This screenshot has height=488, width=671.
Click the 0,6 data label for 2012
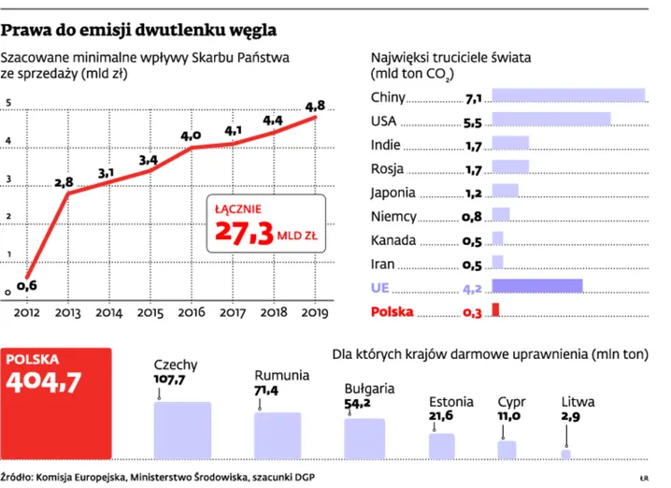(x=27, y=286)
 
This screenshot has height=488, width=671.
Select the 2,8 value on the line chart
(x=64, y=182)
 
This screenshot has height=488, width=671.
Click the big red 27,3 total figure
(x=244, y=233)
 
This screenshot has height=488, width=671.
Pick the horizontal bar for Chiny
(x=567, y=95)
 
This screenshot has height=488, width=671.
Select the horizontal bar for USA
(x=550, y=120)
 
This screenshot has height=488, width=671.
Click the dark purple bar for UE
(x=536, y=286)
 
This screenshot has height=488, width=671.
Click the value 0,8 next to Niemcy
(x=471, y=216)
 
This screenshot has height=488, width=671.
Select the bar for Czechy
(x=182, y=430)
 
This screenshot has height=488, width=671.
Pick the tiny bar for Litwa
(x=565, y=454)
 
